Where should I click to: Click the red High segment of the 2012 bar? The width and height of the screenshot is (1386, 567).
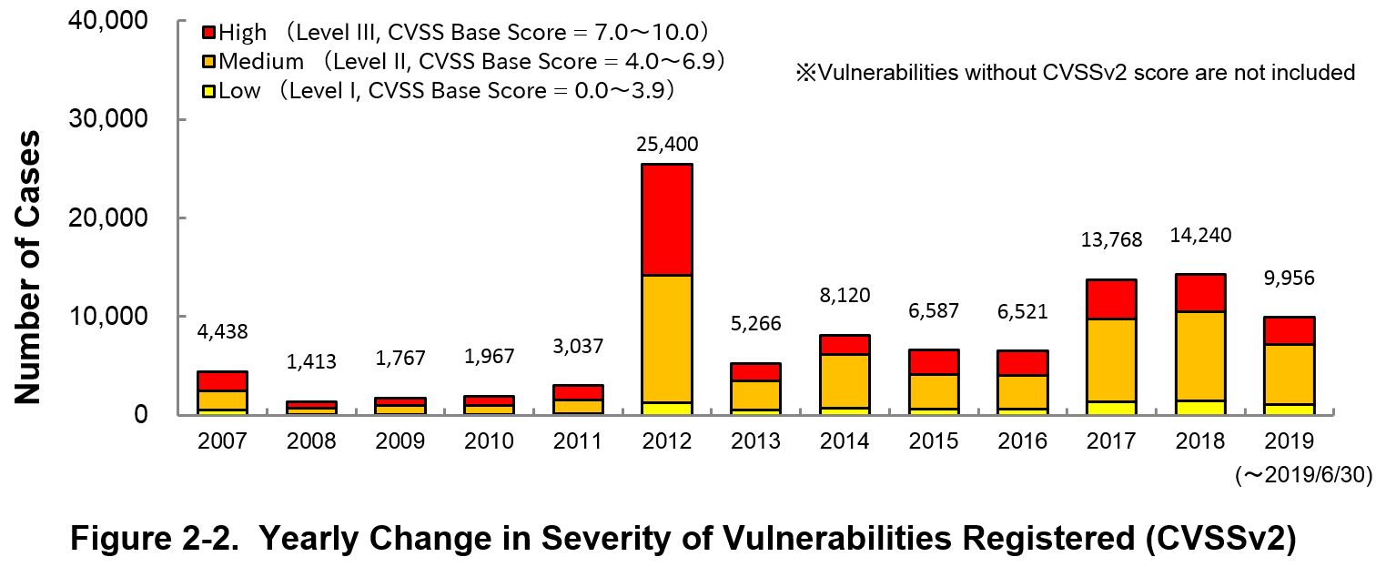(x=666, y=219)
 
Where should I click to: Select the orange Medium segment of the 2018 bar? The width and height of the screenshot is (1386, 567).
(x=1199, y=356)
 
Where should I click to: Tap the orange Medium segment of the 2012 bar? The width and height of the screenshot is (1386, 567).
(x=666, y=339)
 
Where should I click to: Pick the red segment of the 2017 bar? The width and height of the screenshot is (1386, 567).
(x=1110, y=299)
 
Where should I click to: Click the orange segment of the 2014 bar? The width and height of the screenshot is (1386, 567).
(x=844, y=380)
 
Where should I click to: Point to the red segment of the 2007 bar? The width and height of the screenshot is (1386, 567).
(x=222, y=380)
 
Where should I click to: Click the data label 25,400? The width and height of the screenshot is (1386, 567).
(x=666, y=144)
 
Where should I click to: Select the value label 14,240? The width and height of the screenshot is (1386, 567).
(x=1199, y=235)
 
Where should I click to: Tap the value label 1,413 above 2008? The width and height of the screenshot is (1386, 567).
(x=311, y=361)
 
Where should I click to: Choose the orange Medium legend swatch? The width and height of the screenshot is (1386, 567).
(x=208, y=62)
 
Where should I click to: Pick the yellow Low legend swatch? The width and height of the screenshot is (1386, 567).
(x=208, y=90)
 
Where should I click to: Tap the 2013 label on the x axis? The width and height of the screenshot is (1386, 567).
(x=755, y=441)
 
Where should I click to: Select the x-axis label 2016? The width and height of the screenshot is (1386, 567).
(x=1021, y=441)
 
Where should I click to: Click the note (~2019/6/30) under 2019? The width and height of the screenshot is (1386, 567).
(x=1301, y=474)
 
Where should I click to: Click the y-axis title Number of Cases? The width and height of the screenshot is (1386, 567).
(x=28, y=267)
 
